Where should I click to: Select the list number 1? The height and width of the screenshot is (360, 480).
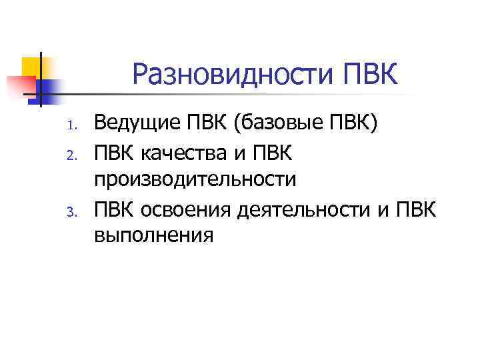tap(77, 125)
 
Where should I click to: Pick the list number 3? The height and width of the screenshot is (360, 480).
tap(77, 213)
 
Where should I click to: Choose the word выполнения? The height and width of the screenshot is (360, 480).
tap(154, 235)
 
